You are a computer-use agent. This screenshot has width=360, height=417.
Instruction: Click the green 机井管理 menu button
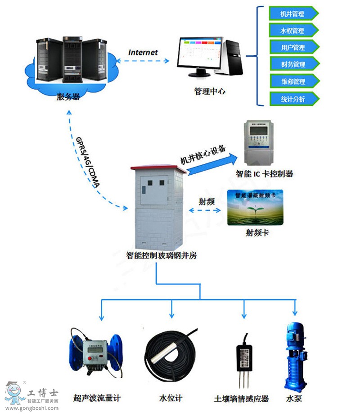tap(292, 14)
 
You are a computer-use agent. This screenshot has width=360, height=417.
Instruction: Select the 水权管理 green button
tap(292, 31)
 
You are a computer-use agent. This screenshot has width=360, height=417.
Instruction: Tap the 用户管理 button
tap(292, 47)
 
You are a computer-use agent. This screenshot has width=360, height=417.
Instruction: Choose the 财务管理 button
tap(292, 64)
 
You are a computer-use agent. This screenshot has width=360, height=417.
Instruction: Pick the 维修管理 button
tap(292, 82)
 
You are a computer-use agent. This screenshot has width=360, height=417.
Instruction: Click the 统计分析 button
tap(292, 99)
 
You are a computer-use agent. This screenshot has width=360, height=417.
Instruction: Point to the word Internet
tap(143, 52)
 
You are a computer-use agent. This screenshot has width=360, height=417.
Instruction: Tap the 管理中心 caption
tap(210, 91)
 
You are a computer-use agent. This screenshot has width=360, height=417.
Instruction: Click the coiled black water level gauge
tap(171, 354)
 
